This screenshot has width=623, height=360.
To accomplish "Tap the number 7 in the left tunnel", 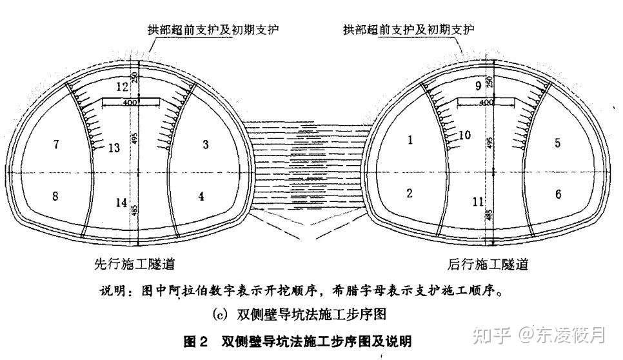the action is coord(57,145).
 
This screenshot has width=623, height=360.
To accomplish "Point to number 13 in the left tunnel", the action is coord(114,148).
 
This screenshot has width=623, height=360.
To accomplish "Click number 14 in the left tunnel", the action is coord(121,203).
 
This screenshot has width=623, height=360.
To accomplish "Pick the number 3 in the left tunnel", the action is coord(206,145).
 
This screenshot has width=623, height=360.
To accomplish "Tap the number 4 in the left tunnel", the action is coord(201,196).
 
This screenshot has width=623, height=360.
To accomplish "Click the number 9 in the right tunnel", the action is coord(478,85).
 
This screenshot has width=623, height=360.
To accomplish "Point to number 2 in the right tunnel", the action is coord(410,193).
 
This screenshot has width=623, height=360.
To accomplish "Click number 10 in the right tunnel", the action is coord(465,135).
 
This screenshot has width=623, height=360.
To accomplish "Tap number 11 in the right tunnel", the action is coord(478,202).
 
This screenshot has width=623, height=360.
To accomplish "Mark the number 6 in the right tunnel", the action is coord(558,194).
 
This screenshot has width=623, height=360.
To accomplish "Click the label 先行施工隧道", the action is coord(134,265).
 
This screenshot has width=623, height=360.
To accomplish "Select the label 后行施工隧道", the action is coord(488,265).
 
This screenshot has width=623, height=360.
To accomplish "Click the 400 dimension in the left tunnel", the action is coord(130,103).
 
